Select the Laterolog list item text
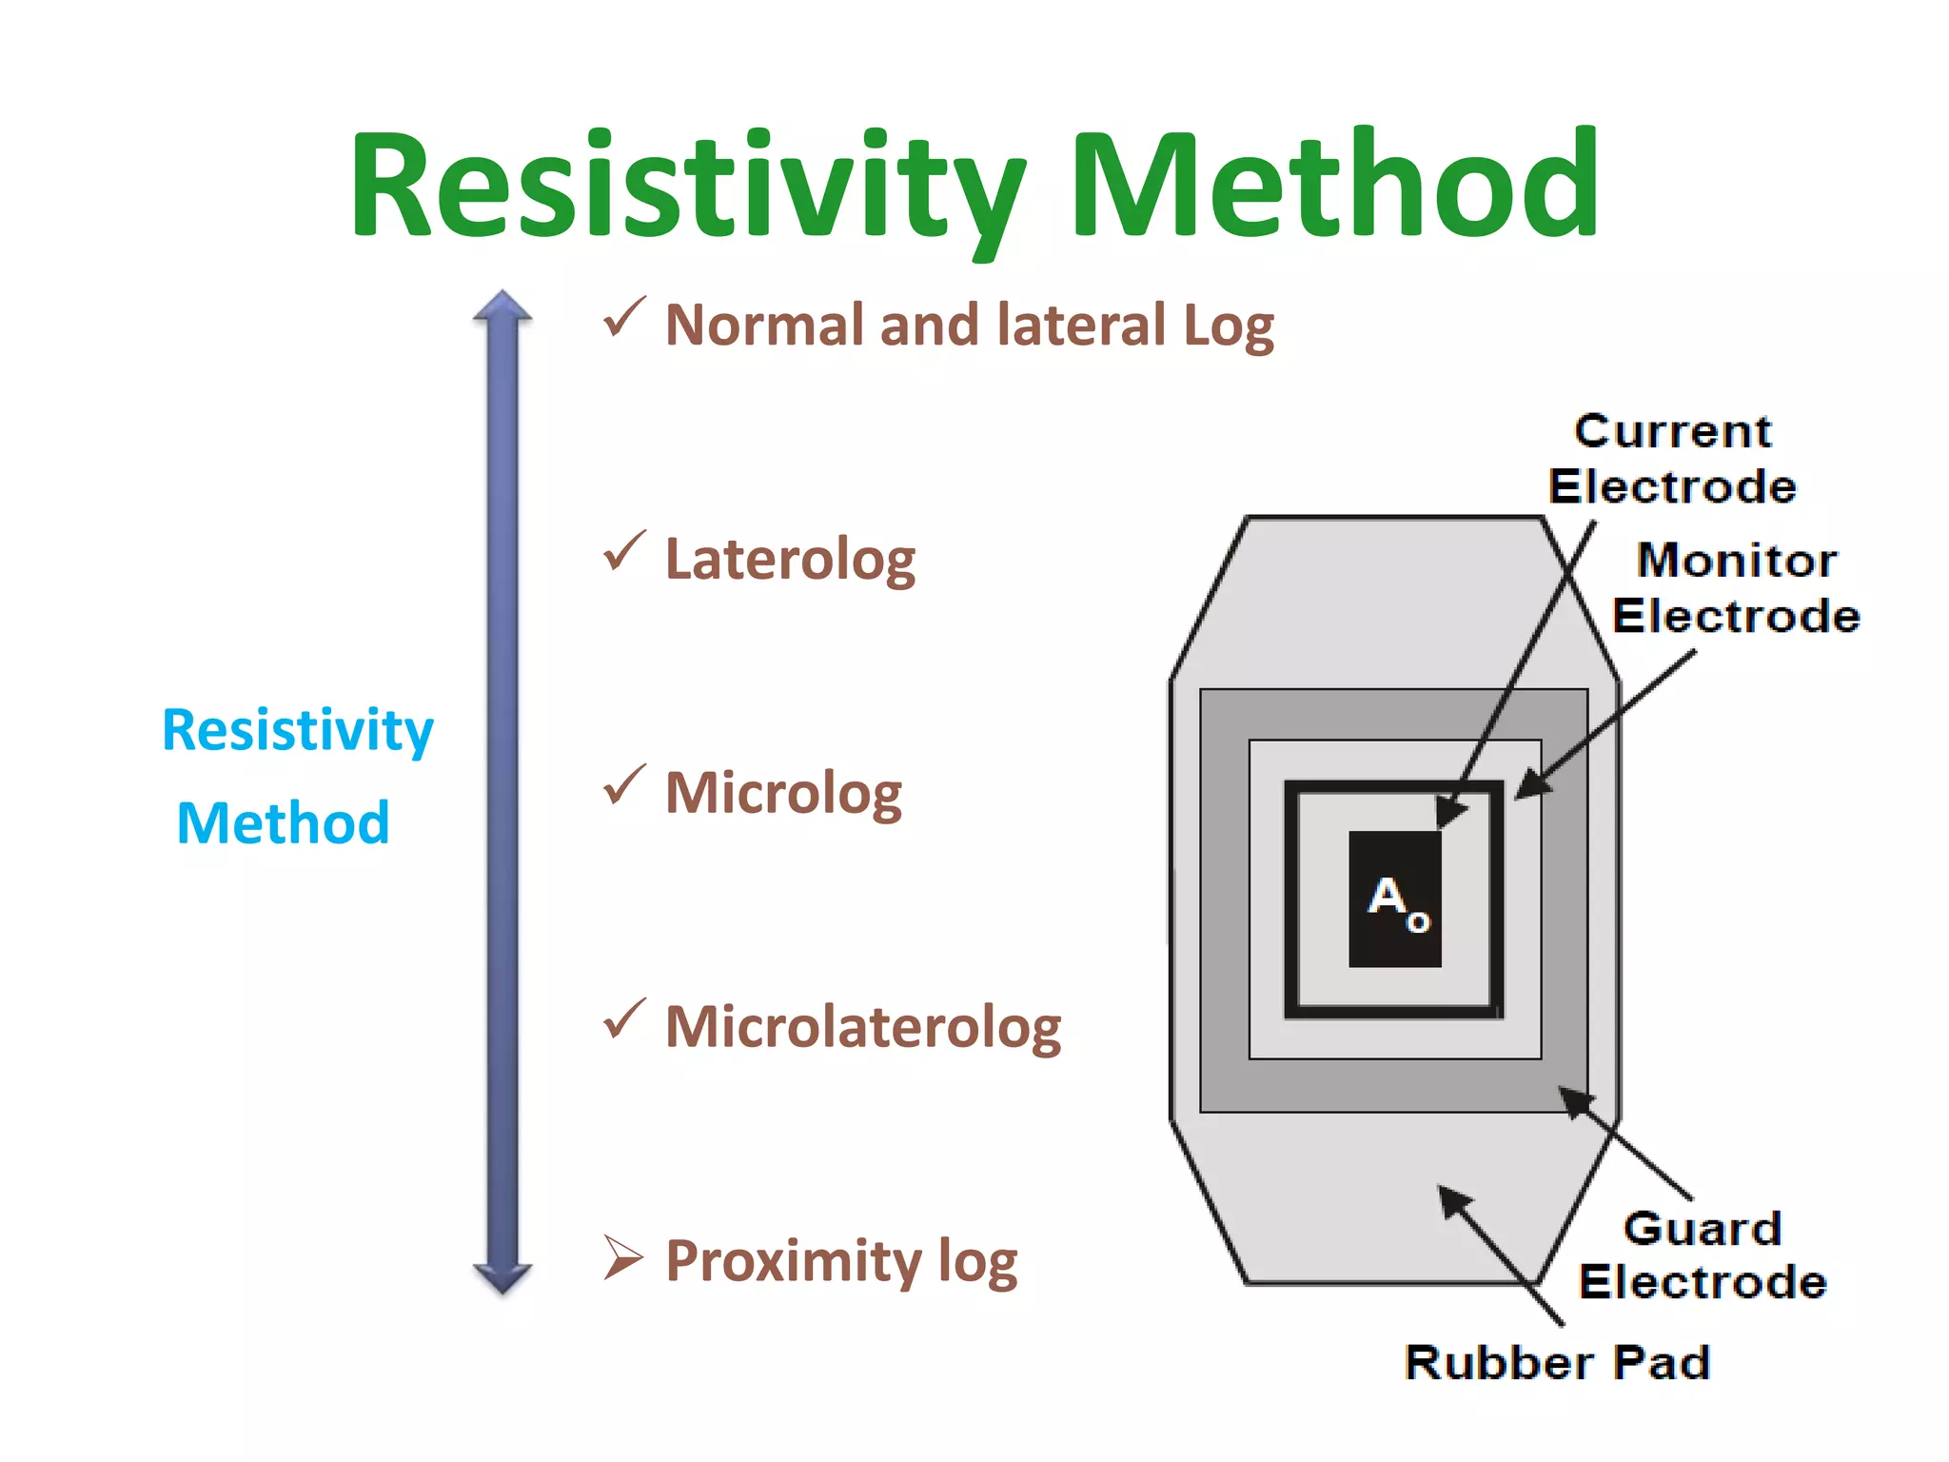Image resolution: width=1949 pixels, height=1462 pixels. click(790, 559)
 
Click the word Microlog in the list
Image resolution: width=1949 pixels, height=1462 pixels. click(783, 793)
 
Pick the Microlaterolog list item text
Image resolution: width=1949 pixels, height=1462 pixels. click(862, 1027)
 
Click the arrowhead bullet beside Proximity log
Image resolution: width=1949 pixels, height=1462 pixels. click(623, 1258)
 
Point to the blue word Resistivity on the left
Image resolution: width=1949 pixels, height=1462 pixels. click(298, 731)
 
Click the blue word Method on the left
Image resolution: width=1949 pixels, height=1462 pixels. click(284, 823)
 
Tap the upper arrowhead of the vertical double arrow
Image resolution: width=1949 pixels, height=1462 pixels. click(502, 306)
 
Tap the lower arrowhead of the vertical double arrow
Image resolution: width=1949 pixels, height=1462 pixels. click(502, 1277)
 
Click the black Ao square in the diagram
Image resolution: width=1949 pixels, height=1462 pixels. click(1395, 899)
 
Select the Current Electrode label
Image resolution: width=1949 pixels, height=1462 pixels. click(1672, 459)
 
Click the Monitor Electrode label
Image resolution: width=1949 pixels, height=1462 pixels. click(1736, 587)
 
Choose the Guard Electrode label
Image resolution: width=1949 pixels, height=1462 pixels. click(1703, 1255)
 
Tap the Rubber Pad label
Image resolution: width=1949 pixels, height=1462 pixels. click(1557, 1362)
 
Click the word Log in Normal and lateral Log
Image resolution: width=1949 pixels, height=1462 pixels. click(1228, 326)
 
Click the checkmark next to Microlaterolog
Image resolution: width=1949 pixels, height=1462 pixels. click(624, 1019)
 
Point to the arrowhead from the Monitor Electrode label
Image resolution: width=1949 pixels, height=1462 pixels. click(1530, 786)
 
